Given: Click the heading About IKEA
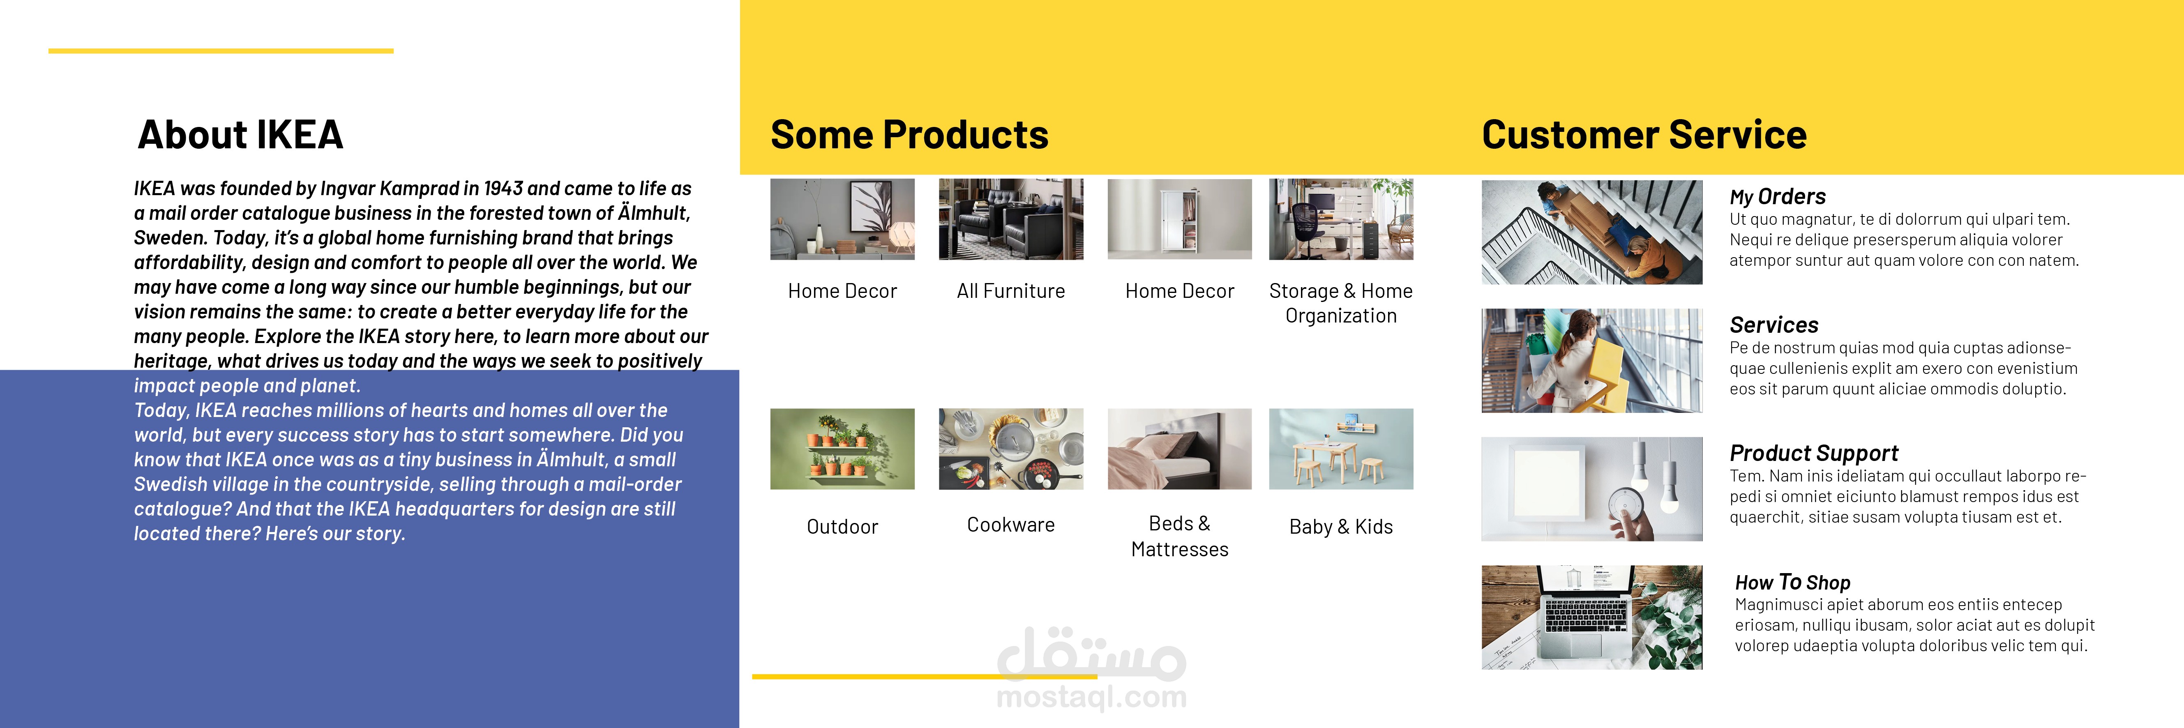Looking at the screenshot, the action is click(x=240, y=135).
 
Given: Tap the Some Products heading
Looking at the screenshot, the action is click(x=909, y=135).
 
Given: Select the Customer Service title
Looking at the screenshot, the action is click(x=1644, y=135).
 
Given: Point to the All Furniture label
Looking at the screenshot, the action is click(x=1010, y=291).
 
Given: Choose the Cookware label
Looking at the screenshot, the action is click(x=1010, y=525).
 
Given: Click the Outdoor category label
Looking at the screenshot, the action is click(x=842, y=526).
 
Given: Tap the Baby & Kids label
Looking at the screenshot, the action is click(x=1340, y=526).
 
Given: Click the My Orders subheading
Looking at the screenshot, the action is click(x=1777, y=197).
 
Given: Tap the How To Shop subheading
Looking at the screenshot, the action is click(x=1792, y=582).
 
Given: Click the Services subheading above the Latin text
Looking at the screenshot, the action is click(x=1773, y=325).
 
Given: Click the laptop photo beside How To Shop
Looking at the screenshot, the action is click(x=1591, y=617).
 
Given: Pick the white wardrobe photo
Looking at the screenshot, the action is click(x=1179, y=219).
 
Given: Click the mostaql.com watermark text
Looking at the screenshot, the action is click(x=1092, y=697).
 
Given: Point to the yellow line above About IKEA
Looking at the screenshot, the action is click(x=220, y=51).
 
